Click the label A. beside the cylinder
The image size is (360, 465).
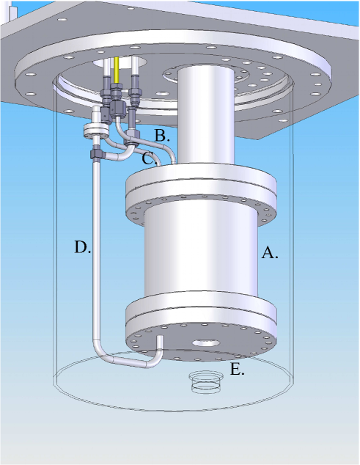(x=270, y=253)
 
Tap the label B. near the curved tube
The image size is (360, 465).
(x=162, y=135)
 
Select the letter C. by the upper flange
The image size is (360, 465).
(x=148, y=157)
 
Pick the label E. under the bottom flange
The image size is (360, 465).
(x=237, y=369)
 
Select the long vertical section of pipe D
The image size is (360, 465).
(x=96, y=249)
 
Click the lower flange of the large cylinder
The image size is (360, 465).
(x=201, y=323)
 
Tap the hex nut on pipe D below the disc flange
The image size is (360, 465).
(x=96, y=155)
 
